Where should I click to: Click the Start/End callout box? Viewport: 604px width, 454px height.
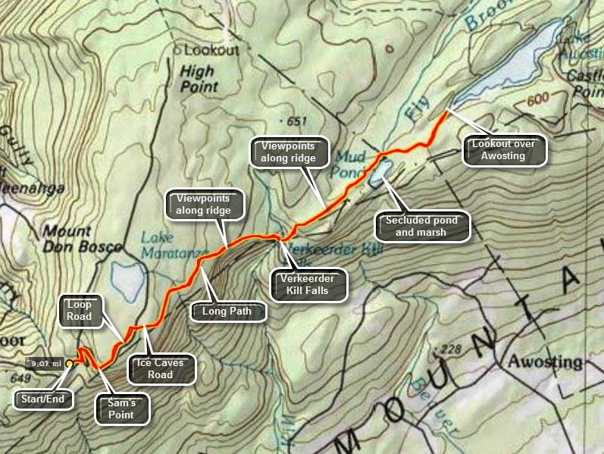click(42, 398)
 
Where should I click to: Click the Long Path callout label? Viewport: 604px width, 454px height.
click(229, 311)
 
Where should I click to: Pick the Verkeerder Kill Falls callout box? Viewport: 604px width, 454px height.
click(308, 284)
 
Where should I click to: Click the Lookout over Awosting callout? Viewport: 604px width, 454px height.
click(506, 150)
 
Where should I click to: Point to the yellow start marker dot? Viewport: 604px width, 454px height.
click(69, 364)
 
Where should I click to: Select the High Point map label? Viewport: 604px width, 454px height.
click(199, 79)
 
